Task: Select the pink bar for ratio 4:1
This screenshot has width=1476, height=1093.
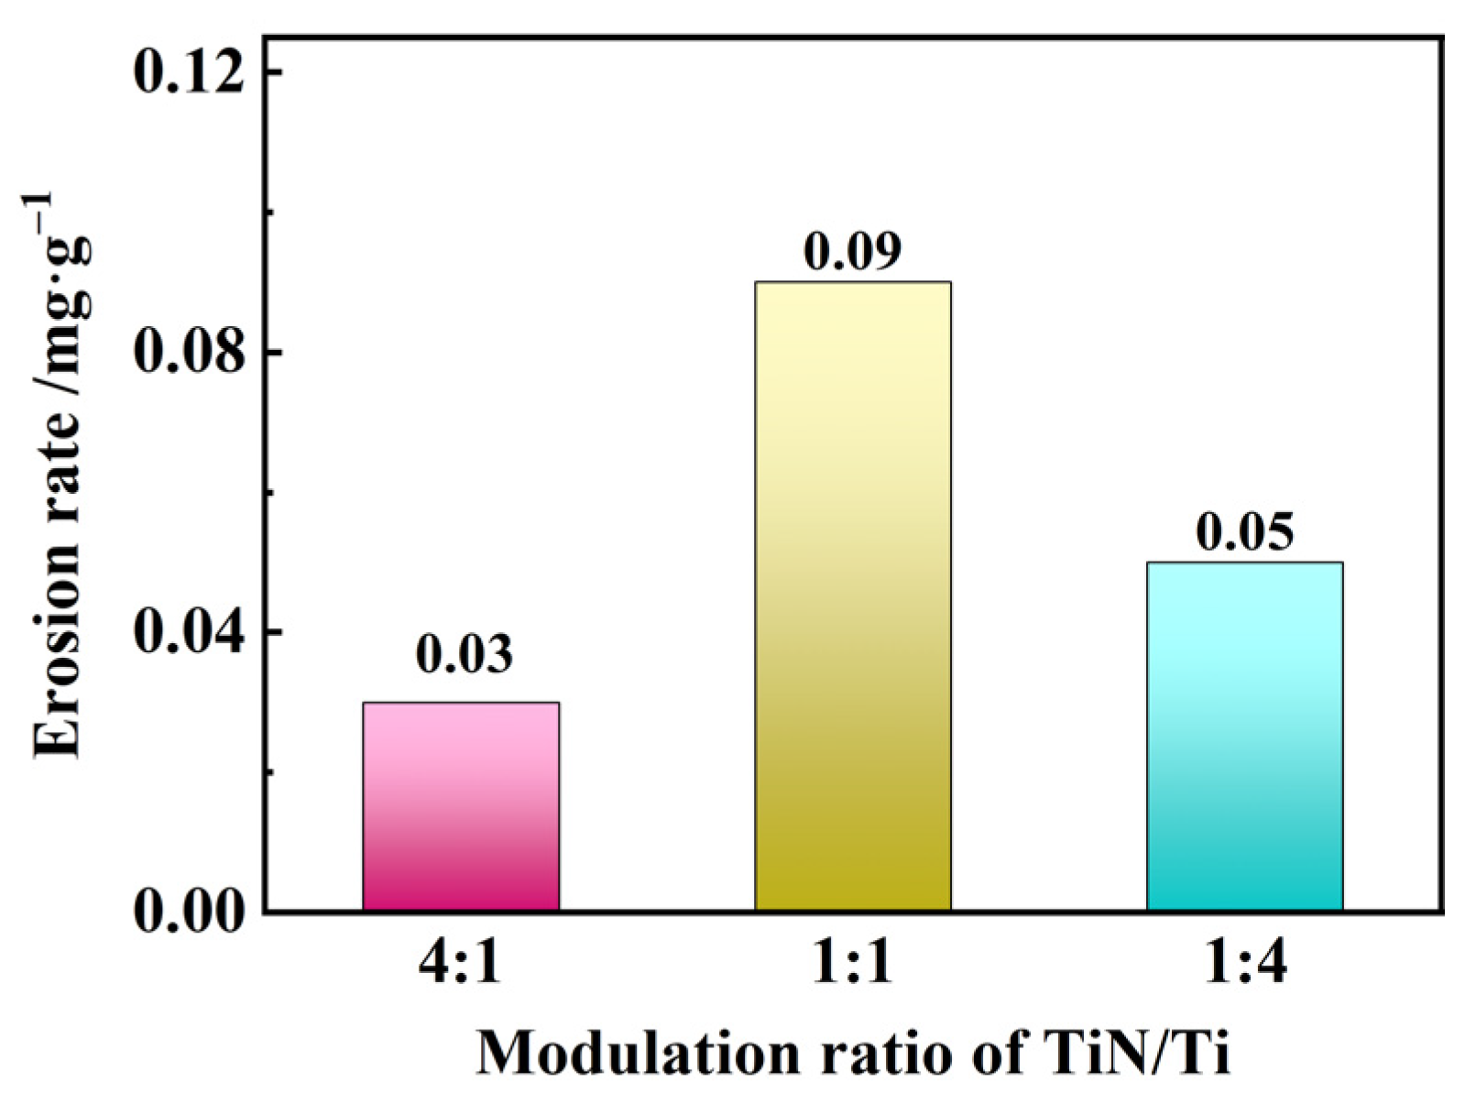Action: [461, 806]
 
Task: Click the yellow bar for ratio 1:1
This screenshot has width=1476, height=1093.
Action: [852, 596]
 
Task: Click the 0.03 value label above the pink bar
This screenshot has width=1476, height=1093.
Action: [464, 654]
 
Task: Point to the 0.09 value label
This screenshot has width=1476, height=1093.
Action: [852, 251]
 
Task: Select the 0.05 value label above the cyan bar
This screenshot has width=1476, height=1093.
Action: [1244, 532]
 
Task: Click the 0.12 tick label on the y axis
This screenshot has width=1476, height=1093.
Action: [191, 72]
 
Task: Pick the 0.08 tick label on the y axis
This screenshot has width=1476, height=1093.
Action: [191, 354]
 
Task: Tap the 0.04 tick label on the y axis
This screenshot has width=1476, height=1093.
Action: [191, 634]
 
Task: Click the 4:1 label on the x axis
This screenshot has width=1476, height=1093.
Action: [461, 965]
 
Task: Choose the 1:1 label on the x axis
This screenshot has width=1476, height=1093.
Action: [852, 965]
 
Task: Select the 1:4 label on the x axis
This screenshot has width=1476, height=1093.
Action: [1244, 965]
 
